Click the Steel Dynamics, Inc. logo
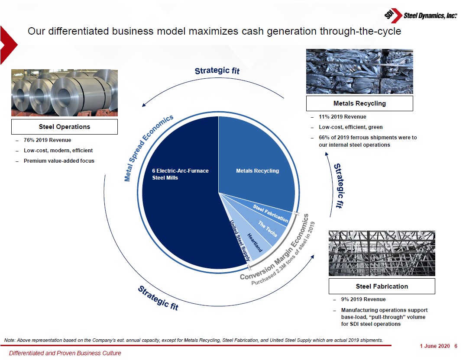point(421,16)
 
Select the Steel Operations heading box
point(65,127)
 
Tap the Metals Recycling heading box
point(359,103)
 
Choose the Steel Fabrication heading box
point(382,286)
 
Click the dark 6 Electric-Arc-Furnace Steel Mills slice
point(178,202)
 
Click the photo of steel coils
point(65,93)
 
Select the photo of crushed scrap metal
point(359,71)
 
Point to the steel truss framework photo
point(382,254)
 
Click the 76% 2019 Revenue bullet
point(47,140)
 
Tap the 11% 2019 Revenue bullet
point(343,117)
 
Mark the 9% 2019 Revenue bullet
point(363,299)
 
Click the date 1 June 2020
point(435,346)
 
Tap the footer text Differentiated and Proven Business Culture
point(65,353)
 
